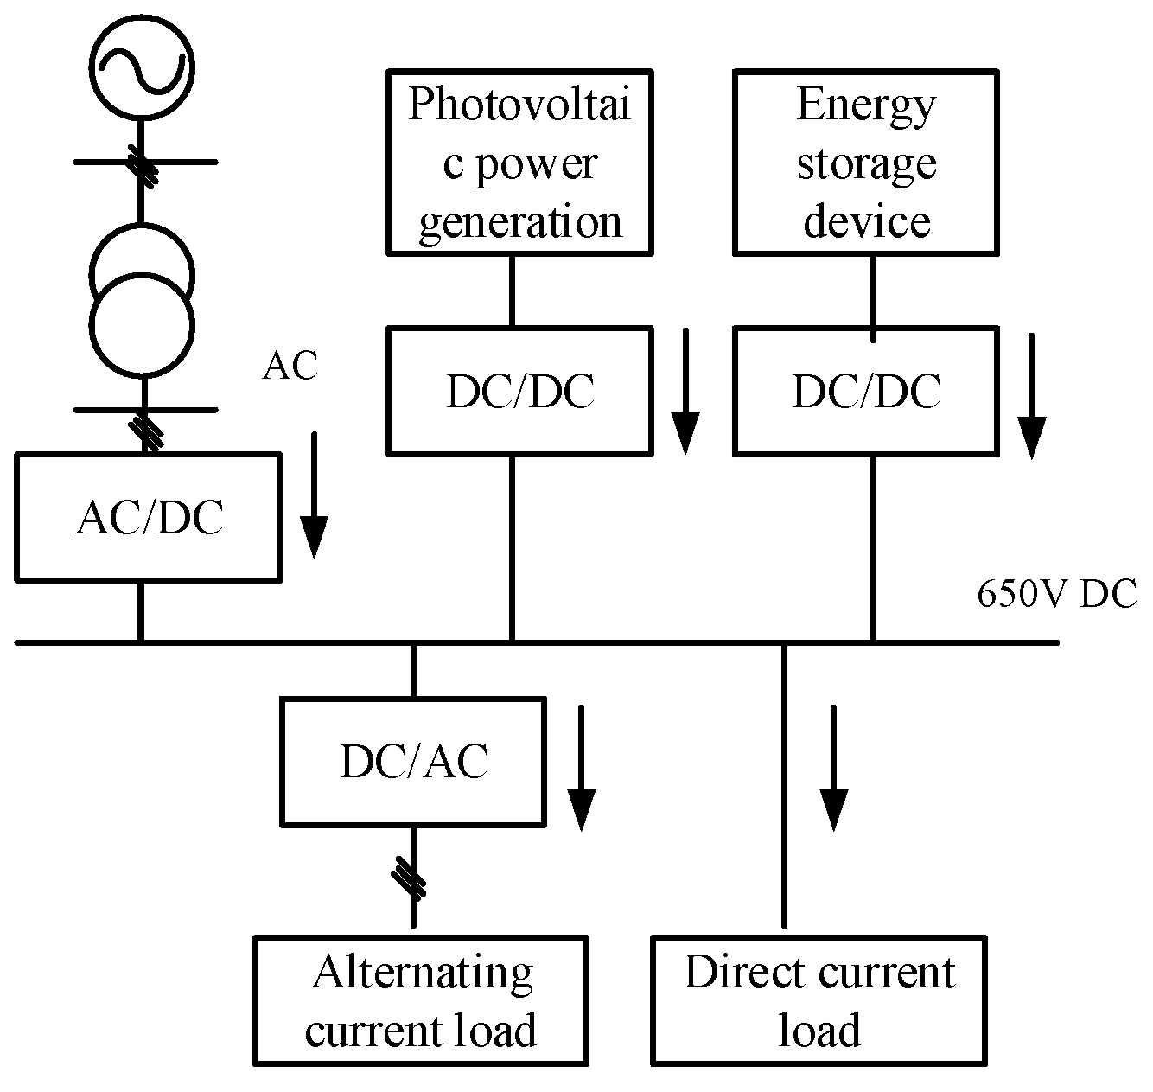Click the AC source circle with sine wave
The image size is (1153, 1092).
(142, 67)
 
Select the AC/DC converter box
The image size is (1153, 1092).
(148, 516)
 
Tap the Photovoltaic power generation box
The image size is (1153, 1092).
(519, 163)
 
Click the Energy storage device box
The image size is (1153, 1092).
(865, 163)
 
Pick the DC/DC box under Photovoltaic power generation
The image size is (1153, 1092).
(519, 391)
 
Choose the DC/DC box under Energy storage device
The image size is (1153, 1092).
(865, 391)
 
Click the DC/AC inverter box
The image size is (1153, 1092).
(413, 761)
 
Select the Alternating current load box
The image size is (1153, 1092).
(421, 1000)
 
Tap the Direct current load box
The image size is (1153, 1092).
(819, 1000)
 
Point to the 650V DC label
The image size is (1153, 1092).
(1056, 595)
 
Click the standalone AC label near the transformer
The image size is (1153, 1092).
(290, 366)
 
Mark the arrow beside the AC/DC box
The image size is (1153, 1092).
(314, 495)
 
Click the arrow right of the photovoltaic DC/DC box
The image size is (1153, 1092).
(685, 391)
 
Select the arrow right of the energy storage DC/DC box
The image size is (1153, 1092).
(1031, 395)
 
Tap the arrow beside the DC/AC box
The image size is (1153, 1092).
(582, 768)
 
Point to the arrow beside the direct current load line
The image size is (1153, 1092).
(834, 768)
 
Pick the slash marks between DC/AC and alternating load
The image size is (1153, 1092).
(410, 878)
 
